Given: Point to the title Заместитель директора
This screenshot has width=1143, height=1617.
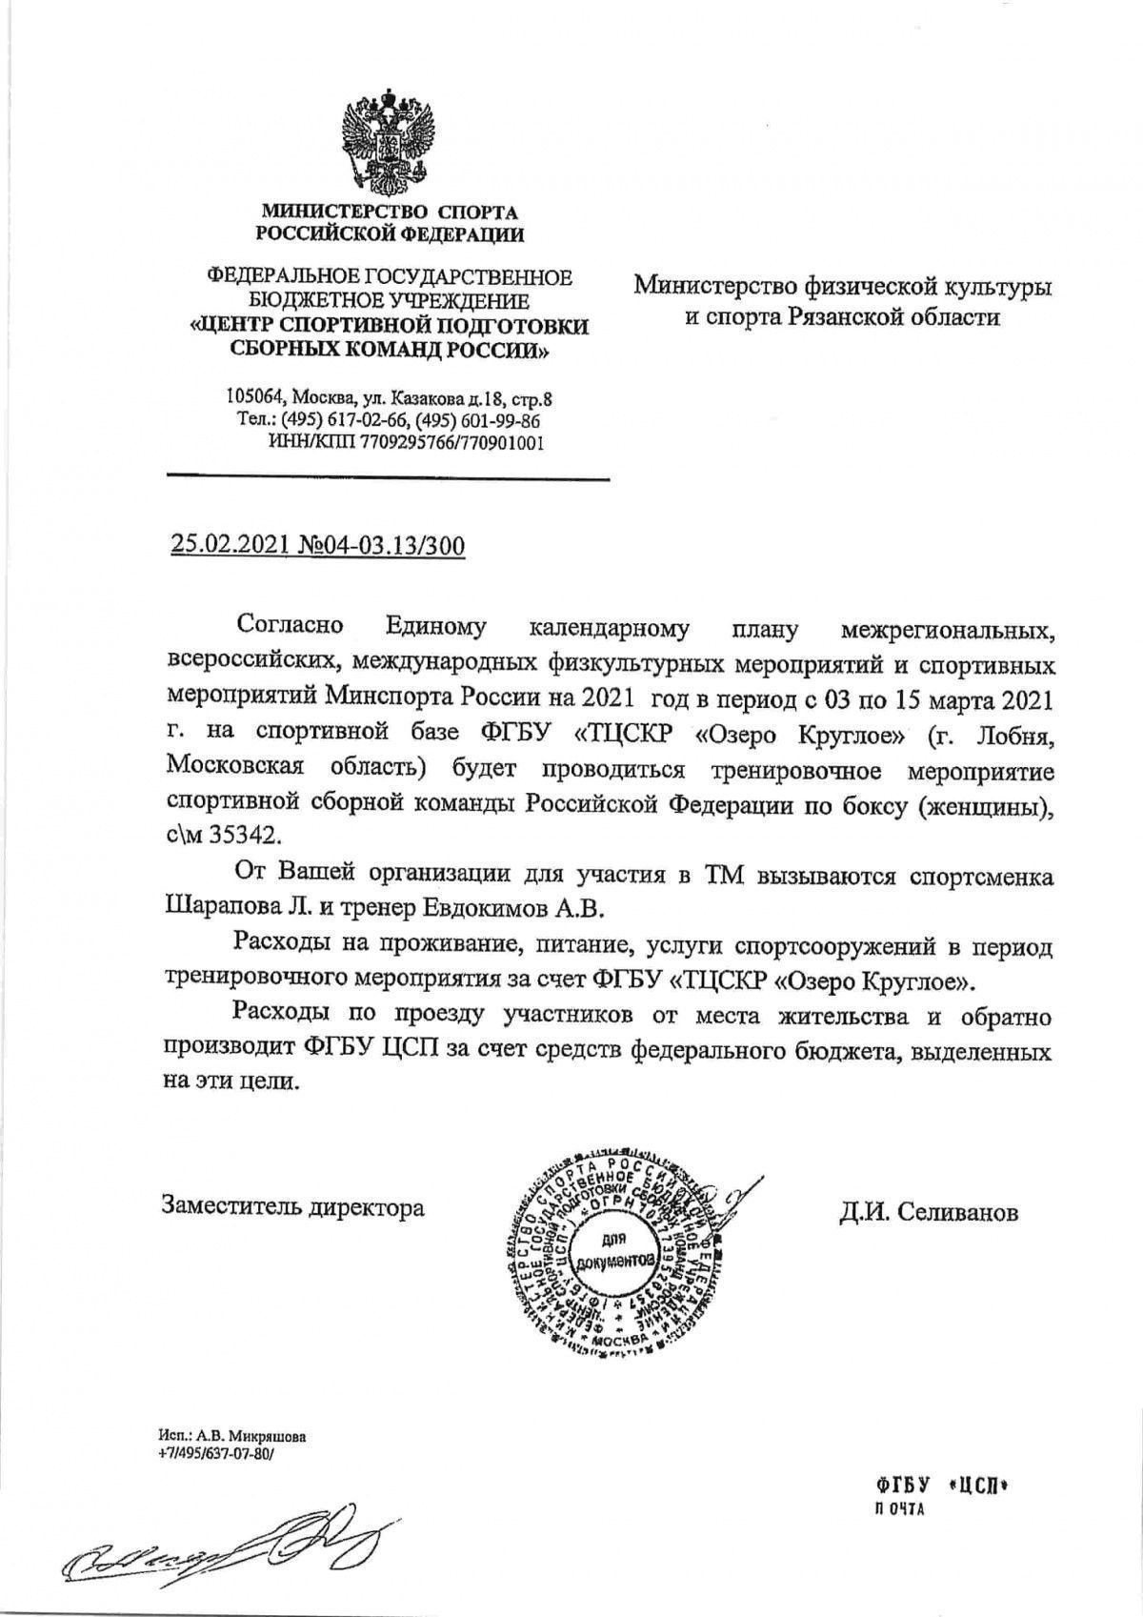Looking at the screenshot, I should click(x=293, y=1208).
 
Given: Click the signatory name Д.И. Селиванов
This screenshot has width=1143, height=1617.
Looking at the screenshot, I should click(x=928, y=1211).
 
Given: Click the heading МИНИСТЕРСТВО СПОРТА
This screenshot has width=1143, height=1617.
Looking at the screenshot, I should click(x=390, y=212).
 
